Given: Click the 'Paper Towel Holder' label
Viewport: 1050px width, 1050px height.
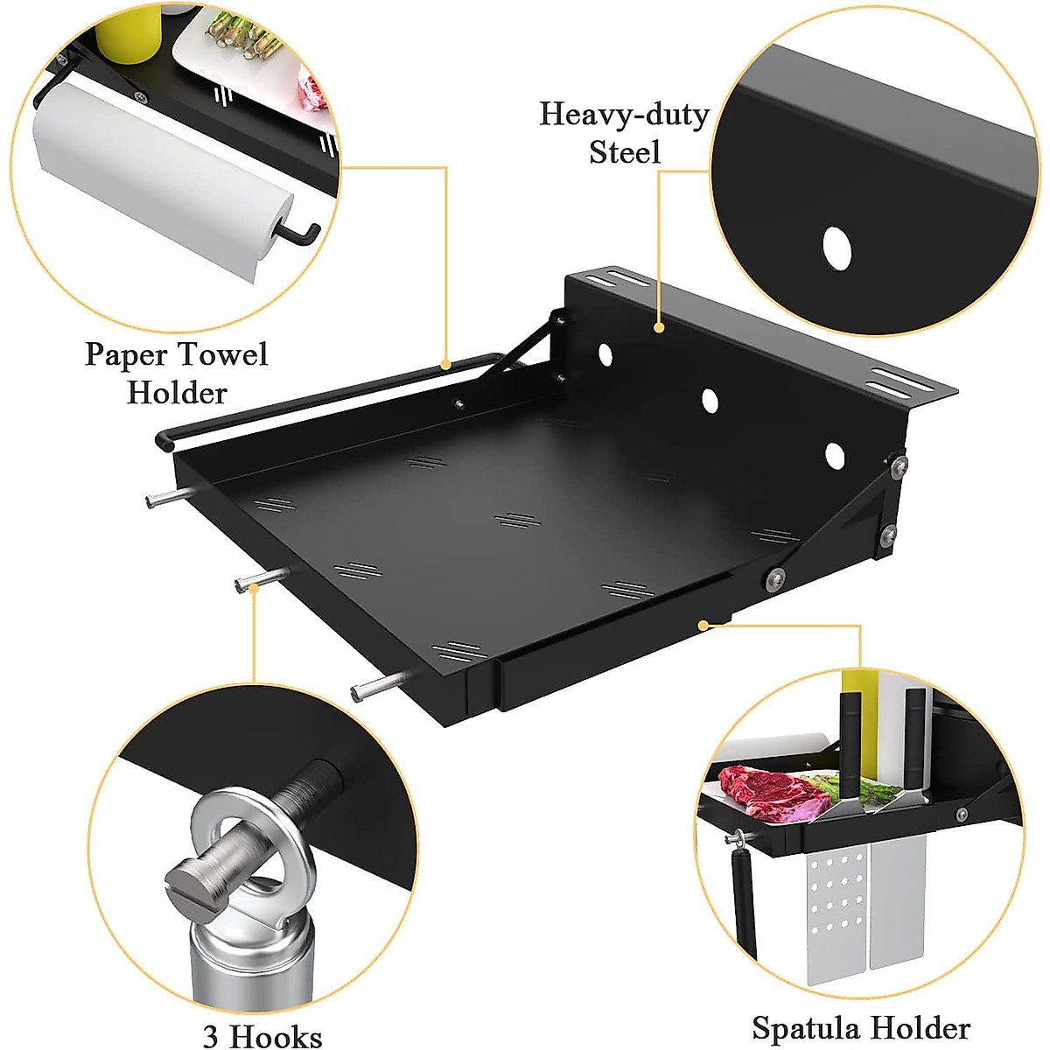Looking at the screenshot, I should click(x=176, y=373).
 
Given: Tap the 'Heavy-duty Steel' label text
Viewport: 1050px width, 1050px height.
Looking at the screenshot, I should click(x=624, y=133).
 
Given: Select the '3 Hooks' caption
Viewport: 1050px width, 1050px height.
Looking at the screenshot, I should click(x=262, y=1035).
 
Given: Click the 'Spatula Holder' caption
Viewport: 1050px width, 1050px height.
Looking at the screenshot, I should click(x=861, y=1027).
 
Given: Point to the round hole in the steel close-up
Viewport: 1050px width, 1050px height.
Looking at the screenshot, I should click(x=836, y=248).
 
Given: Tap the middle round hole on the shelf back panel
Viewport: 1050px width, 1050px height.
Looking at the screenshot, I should click(x=710, y=401).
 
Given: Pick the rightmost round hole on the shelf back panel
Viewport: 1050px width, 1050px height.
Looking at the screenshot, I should click(x=834, y=454).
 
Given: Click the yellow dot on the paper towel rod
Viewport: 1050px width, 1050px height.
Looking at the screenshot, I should click(x=445, y=364).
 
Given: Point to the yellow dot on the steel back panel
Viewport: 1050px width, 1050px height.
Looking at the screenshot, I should click(x=658, y=328).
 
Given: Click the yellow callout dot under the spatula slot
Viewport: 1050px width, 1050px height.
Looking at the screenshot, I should click(x=703, y=625).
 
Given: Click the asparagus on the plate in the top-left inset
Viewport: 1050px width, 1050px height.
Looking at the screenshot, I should click(x=241, y=39).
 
